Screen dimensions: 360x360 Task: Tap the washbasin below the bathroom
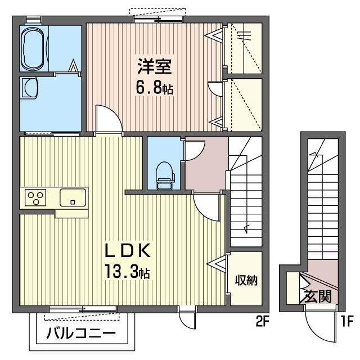tap(30, 88)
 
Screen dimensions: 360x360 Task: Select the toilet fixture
tap(165, 175)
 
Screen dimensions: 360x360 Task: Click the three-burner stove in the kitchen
tap(35, 197)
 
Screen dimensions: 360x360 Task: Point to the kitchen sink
tap(73, 197)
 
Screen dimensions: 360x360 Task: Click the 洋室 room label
tap(155, 66)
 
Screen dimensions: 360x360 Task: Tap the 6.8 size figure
tap(149, 88)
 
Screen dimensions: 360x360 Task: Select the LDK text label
tap(128, 250)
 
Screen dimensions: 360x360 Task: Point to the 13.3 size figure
tap(121, 271)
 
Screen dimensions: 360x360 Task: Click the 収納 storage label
tap(246, 280)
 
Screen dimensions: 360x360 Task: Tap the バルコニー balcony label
tap(81, 334)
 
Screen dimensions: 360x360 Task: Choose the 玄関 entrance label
tap(318, 296)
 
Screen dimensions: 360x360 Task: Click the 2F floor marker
tap(262, 321)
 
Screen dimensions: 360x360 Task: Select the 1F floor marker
tap(346, 321)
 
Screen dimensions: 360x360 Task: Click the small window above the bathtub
tap(34, 20)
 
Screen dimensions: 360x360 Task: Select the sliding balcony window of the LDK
tap(83, 310)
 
